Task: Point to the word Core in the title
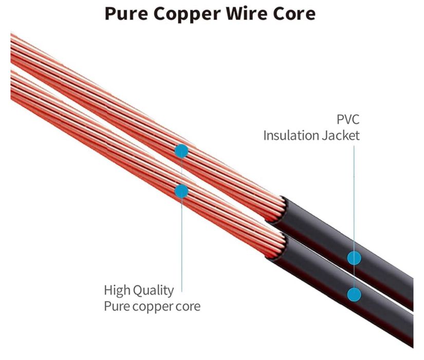click(294, 13)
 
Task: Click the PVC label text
click(348, 119)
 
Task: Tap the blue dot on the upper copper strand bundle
click(181, 151)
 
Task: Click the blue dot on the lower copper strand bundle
click(181, 191)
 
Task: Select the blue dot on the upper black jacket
click(354, 258)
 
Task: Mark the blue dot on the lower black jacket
click(354, 294)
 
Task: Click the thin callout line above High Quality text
click(182, 245)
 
